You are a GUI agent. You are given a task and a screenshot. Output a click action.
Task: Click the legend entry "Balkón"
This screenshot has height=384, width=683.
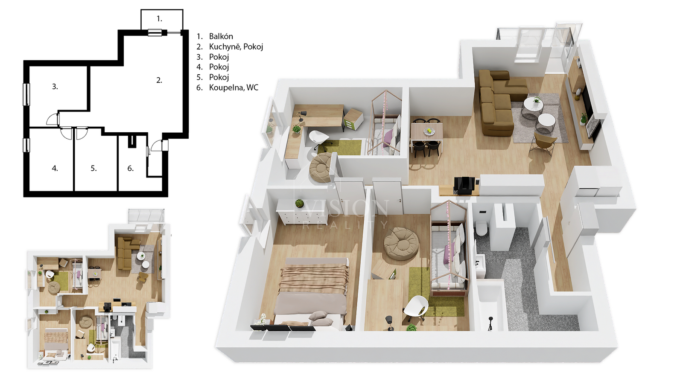point(221,36)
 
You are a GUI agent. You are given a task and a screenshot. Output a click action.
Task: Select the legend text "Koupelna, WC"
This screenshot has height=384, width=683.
point(234,87)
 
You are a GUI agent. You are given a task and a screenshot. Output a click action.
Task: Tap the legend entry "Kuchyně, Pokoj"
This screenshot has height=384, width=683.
point(236,47)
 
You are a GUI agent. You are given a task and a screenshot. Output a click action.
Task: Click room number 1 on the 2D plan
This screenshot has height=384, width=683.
point(159,19)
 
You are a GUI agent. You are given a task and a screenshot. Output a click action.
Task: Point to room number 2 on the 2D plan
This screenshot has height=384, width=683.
point(159,80)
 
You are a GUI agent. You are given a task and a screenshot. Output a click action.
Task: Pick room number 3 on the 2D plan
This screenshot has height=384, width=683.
point(55,87)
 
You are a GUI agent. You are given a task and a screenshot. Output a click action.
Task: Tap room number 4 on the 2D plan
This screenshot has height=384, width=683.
point(55,168)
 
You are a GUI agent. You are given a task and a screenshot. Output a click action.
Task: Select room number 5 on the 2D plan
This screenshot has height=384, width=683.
point(93,168)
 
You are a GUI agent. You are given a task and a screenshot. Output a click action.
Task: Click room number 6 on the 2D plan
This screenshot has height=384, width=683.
point(131,168)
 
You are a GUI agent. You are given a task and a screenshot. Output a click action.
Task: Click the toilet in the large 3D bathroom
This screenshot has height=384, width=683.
point(482,228)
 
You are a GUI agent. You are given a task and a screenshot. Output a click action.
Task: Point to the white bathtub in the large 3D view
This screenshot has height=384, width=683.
point(491,308)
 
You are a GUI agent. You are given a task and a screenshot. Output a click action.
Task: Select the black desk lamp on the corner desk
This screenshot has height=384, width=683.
point(301,116)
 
